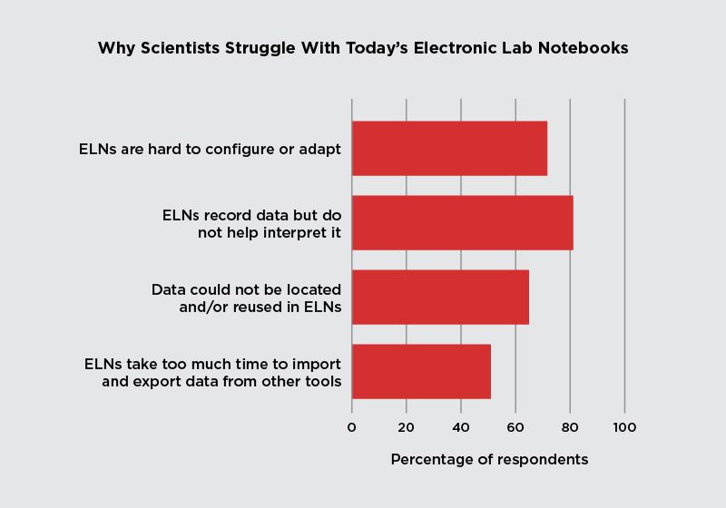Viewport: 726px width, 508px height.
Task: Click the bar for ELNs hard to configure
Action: (449, 148)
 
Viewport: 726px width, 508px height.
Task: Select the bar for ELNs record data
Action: (462, 222)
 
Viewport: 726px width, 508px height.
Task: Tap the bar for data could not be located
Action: (440, 297)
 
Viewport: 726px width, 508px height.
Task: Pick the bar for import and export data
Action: (421, 371)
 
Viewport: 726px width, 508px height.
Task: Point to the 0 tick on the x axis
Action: (352, 427)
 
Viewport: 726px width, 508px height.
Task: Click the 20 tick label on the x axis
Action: (406, 427)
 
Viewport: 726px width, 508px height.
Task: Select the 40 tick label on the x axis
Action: (460, 427)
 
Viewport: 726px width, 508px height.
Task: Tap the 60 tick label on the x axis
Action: (515, 427)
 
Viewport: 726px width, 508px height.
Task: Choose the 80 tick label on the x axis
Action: (570, 427)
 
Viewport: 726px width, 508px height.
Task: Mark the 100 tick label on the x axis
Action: (624, 427)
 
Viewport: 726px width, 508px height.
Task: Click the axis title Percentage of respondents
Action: (489, 460)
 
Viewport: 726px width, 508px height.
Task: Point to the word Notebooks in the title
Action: (584, 49)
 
